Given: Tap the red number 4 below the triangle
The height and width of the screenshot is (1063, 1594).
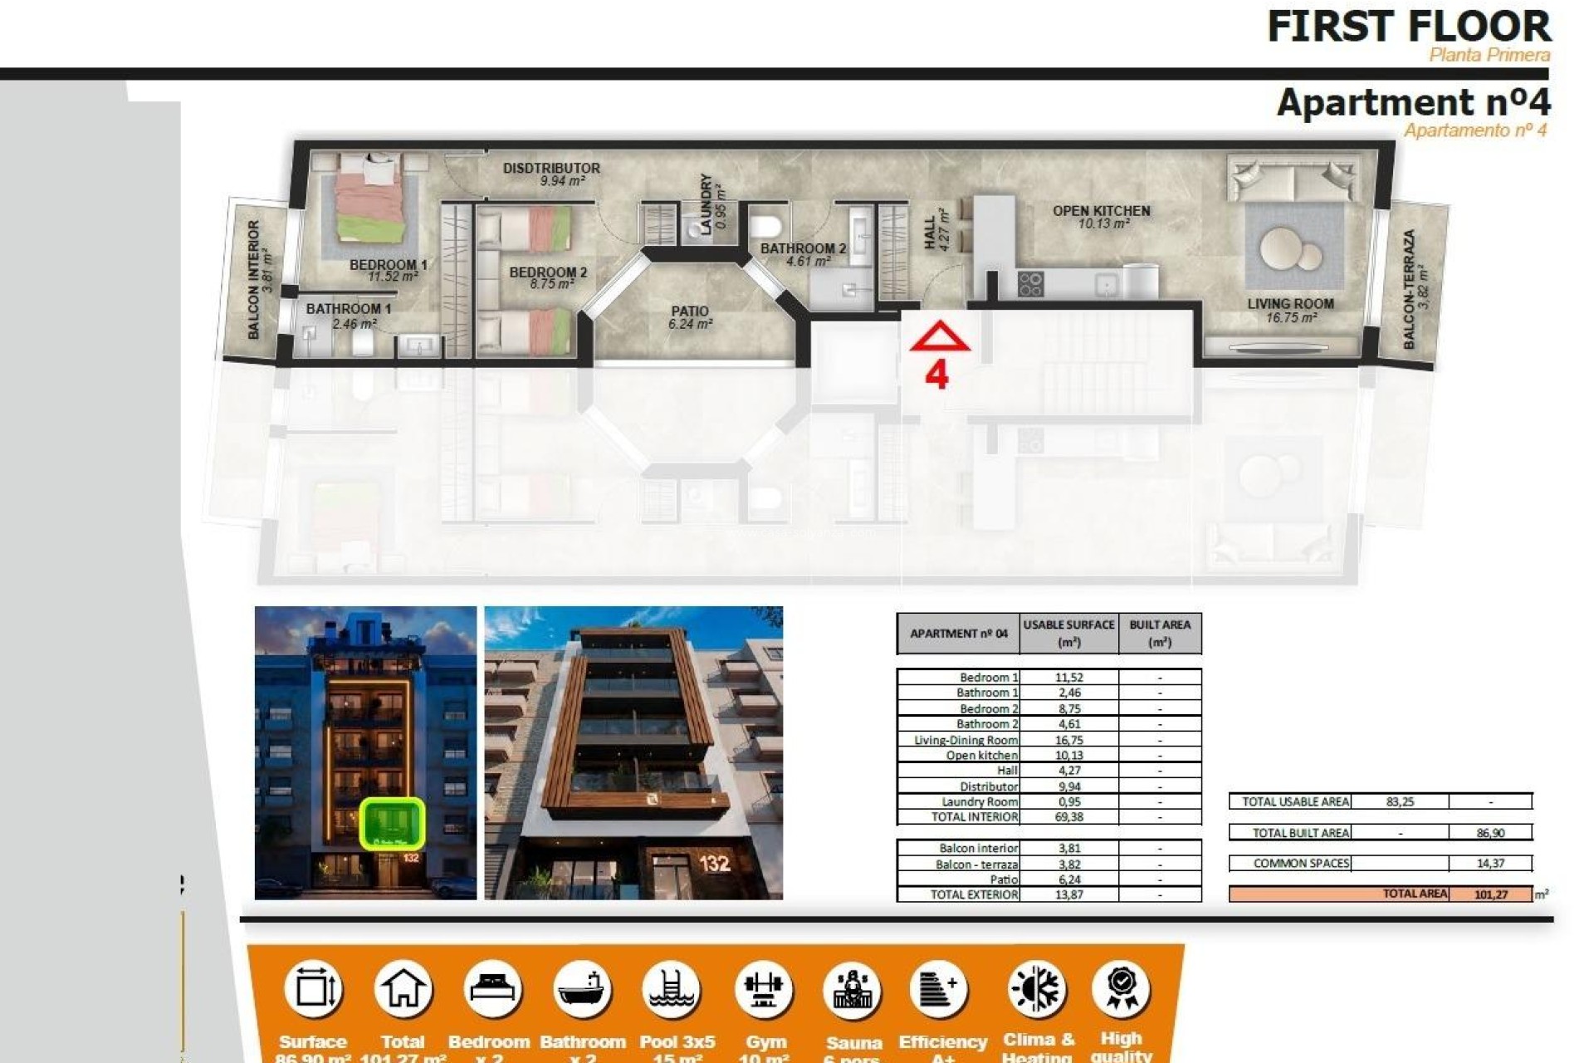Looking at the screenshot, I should [x=936, y=375].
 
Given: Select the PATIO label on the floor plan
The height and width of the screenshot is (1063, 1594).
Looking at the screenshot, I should [x=690, y=311].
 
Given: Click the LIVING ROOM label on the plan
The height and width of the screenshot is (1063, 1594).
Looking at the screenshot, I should [x=1290, y=304].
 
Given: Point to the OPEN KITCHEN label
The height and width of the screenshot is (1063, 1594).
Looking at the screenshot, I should [x=1101, y=211].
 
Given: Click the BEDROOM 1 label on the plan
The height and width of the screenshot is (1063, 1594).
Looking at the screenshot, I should [x=388, y=265].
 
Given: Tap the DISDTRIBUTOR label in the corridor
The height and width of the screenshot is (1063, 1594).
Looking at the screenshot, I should [x=551, y=168].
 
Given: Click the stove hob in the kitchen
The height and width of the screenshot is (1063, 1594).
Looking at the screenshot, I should [x=1030, y=284].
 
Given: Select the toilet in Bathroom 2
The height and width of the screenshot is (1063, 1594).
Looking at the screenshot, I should [x=765, y=225].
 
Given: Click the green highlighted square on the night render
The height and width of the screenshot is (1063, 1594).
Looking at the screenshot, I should [x=392, y=823].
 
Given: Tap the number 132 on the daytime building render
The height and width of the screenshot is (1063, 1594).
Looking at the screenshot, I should [x=714, y=864].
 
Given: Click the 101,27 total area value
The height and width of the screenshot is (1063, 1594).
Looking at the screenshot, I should [x=1491, y=894].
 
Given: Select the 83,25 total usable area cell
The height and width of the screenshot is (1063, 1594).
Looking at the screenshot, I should [x=1400, y=801].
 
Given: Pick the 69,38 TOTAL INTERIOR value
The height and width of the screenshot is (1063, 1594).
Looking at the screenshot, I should [x=1068, y=817].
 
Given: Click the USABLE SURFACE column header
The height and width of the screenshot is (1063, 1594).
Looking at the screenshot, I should [x=1068, y=633].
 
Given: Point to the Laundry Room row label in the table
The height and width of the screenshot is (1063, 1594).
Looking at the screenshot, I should [x=979, y=802].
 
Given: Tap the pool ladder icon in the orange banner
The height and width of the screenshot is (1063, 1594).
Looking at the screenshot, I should [x=672, y=989].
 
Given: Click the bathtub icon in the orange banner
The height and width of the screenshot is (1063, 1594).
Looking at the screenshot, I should [x=581, y=989].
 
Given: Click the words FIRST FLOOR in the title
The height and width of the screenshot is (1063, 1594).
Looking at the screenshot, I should [x=1408, y=27].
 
